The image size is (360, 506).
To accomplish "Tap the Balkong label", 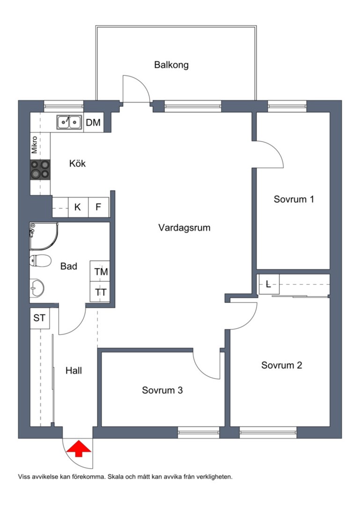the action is (171, 65).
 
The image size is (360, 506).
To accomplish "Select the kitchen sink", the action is (69, 122).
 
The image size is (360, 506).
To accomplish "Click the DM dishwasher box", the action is (93, 122).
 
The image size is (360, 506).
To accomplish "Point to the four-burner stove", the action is (40, 170).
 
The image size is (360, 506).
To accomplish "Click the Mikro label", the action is (35, 145).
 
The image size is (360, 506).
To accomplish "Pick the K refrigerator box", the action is (78, 207).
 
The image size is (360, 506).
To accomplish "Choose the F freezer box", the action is (98, 207).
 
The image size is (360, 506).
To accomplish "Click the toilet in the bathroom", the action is (40, 261).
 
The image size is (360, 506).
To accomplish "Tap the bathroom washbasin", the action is (37, 288).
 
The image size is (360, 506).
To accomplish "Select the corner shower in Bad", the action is (44, 236).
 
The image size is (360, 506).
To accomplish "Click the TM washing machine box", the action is (100, 271).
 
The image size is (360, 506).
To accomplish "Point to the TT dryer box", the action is (100, 292).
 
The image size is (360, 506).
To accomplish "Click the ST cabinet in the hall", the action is (40, 319).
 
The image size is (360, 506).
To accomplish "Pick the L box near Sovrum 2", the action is (268, 284).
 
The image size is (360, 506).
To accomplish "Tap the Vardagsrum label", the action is (184, 228).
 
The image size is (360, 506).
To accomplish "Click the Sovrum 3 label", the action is (162, 390).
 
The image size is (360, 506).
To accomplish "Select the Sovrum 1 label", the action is (294, 199).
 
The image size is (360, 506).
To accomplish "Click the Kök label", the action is (77, 164).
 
